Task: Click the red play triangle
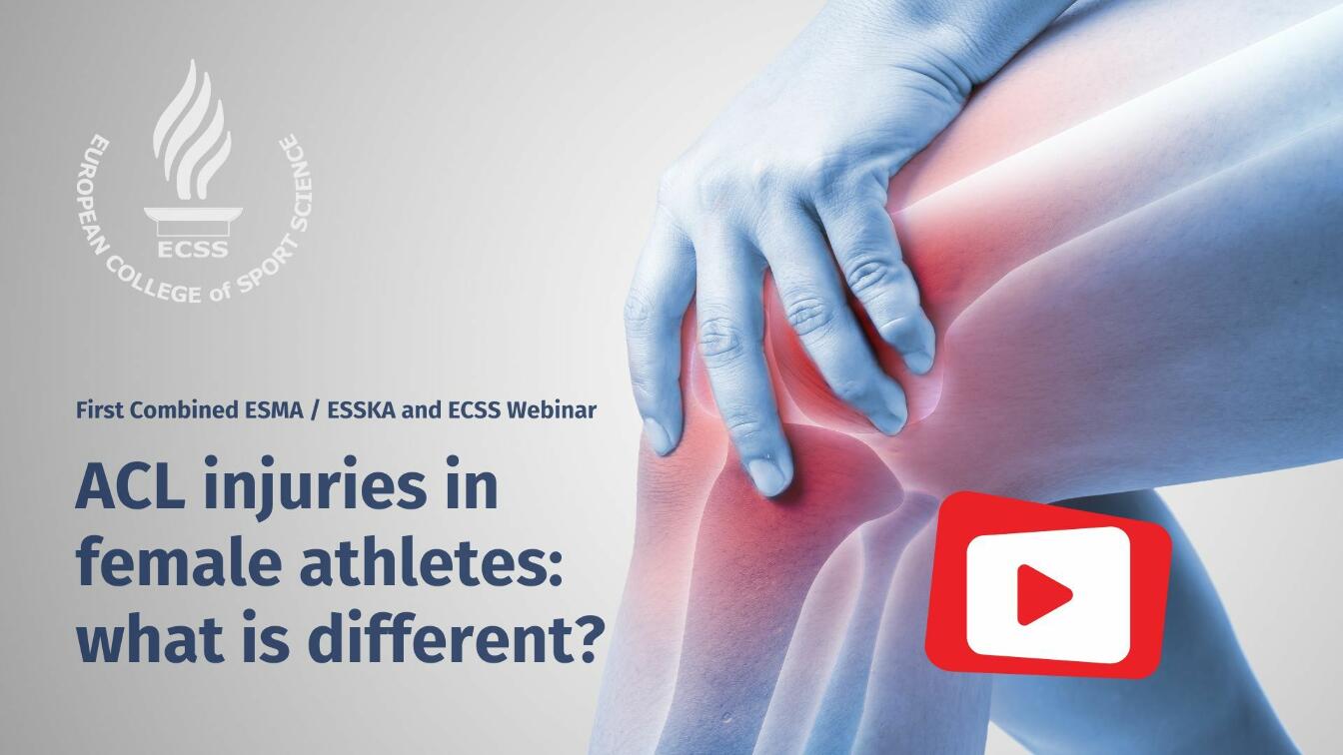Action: (1042, 594)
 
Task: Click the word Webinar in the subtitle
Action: (551, 409)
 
